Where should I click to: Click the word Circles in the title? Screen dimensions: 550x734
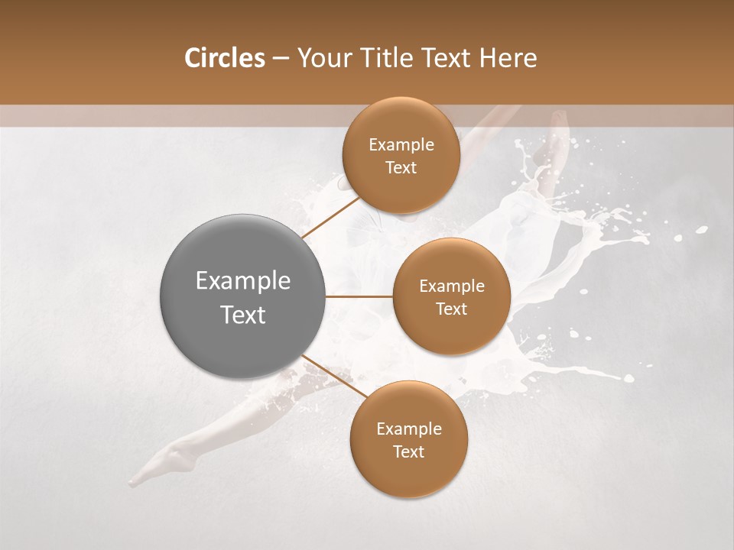[224, 58]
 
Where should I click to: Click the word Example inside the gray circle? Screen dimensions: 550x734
[243, 281]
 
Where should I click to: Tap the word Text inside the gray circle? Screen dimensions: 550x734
[243, 315]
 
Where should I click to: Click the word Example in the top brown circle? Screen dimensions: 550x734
[401, 145]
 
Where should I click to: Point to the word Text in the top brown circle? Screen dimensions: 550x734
[401, 168]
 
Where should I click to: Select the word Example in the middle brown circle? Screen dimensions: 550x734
[452, 286]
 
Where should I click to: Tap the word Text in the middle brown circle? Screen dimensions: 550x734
[451, 309]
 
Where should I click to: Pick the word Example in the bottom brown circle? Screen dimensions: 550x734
[409, 429]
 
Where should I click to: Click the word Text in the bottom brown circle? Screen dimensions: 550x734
[408, 452]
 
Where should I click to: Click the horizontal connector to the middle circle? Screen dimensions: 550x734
[359, 296]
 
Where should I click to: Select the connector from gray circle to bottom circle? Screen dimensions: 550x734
[334, 377]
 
